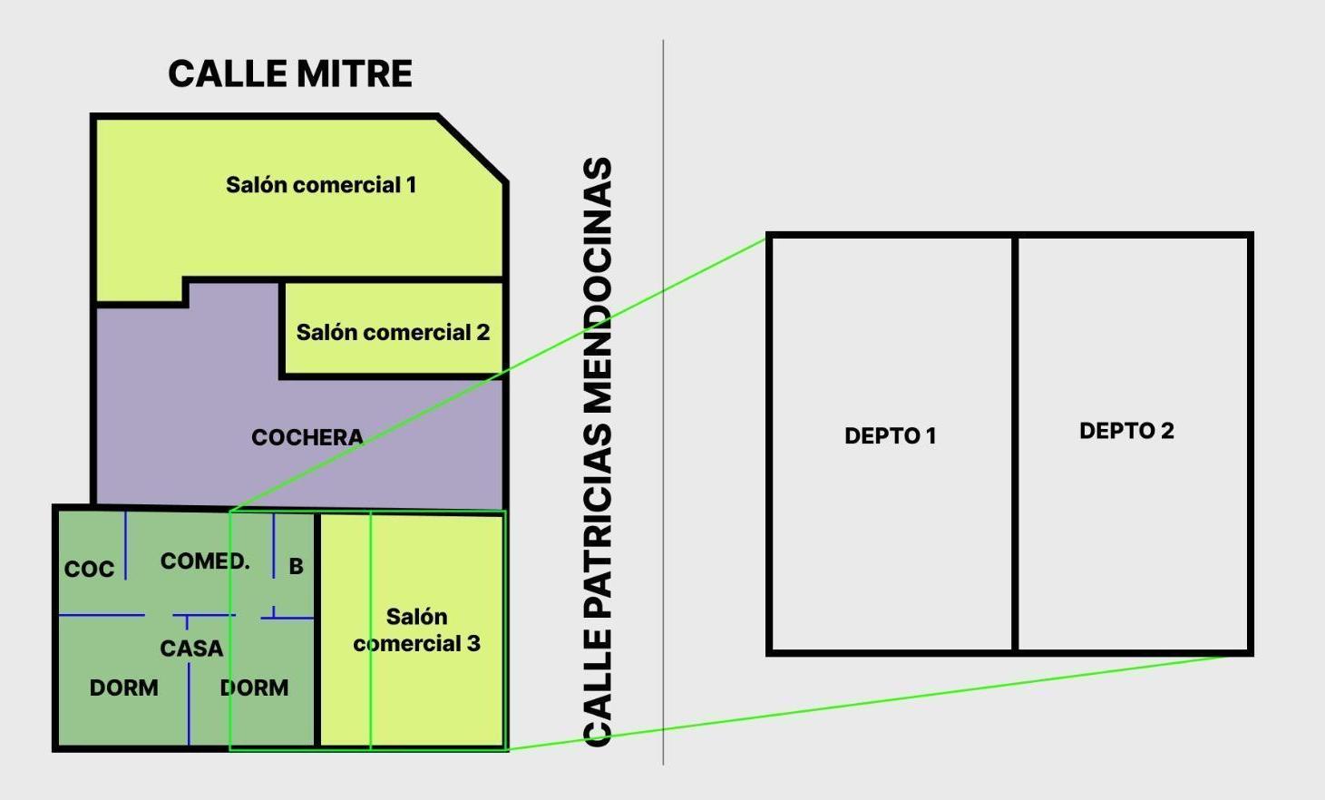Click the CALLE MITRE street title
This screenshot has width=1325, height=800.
point(290,73)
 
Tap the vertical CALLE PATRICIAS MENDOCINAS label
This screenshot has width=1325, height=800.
point(598,452)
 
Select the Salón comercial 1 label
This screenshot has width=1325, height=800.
point(321,185)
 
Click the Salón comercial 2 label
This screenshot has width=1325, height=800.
point(394,332)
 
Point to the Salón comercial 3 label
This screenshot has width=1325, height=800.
point(417,630)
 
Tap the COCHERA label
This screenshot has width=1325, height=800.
point(307,437)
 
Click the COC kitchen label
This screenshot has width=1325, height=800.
point(89,570)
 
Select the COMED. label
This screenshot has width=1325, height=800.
point(205,561)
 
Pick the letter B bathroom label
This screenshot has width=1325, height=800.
point(296,566)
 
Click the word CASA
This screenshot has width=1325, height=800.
point(191,649)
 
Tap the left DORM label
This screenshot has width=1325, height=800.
point(123,688)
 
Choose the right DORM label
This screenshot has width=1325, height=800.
point(254,688)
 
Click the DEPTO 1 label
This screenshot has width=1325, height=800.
point(891,436)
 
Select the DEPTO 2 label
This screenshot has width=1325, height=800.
point(1127,431)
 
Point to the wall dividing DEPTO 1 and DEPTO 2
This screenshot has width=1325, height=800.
point(1015,444)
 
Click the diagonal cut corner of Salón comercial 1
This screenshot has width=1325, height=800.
point(472,149)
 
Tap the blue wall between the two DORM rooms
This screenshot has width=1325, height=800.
point(189,704)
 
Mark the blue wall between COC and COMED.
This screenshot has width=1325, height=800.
point(125,545)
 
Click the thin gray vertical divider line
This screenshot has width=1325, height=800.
point(663,403)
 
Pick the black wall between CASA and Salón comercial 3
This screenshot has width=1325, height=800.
point(317,629)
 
